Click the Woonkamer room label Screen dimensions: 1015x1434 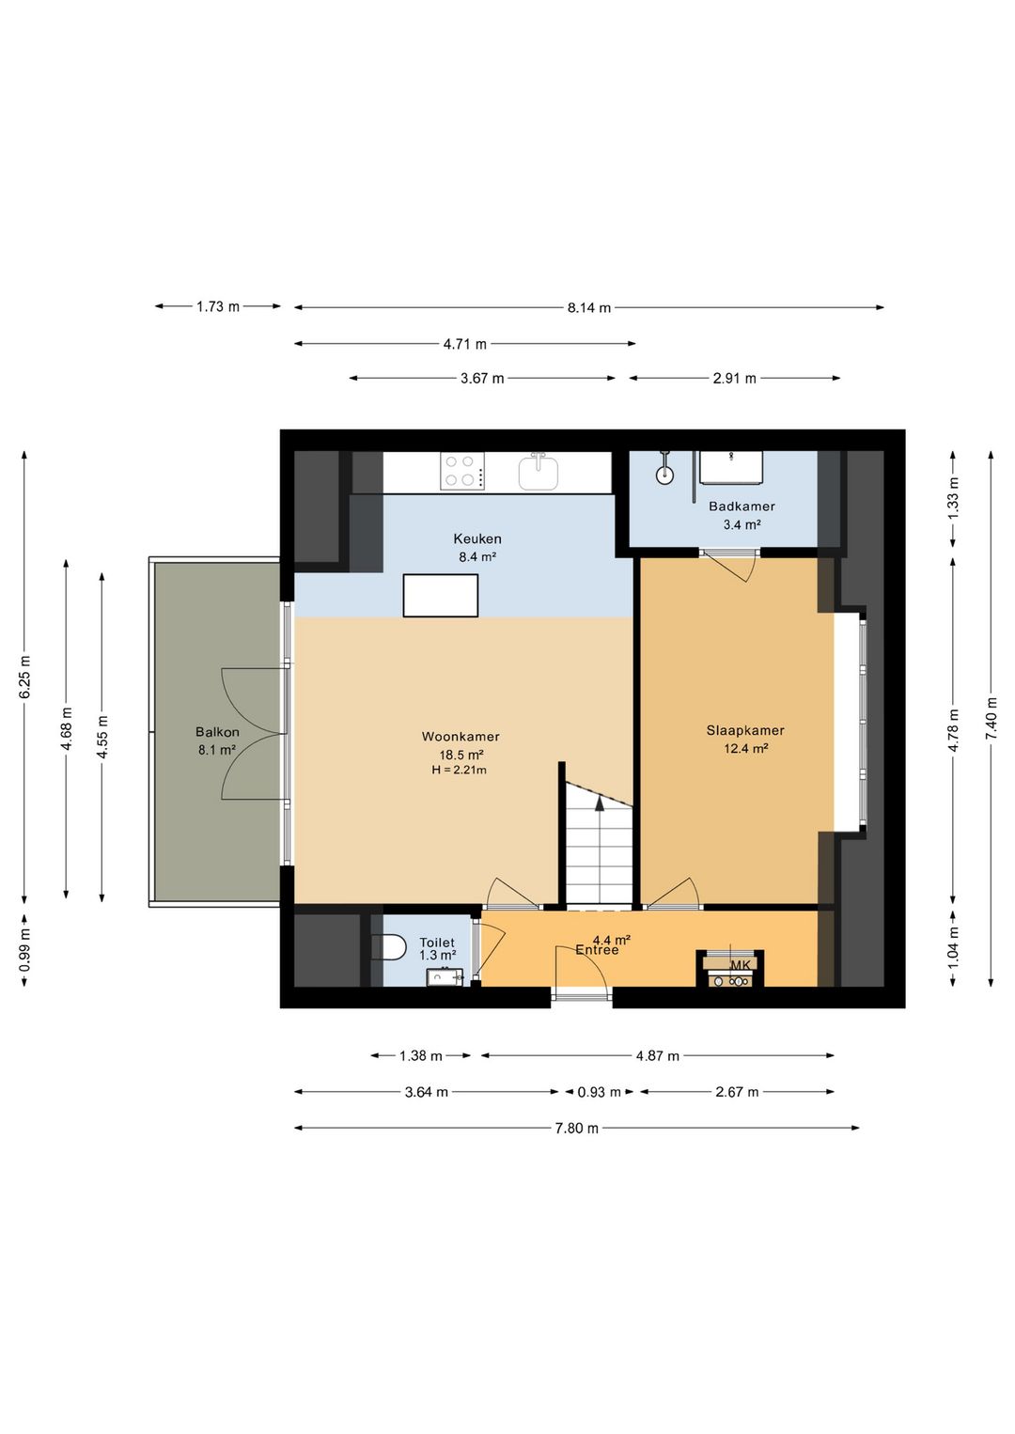coord(461,737)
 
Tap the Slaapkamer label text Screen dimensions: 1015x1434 coord(745,730)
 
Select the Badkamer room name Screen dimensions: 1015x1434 coord(742,507)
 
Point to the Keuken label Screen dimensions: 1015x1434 coord(477,538)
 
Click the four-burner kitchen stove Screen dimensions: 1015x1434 coord(461,471)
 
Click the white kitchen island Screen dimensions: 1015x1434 coord(441,596)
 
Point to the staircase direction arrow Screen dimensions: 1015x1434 coord(600,803)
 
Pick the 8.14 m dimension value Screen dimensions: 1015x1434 coord(589,308)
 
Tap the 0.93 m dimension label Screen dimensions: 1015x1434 coord(600,1092)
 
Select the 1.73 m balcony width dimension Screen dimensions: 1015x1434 coord(218,306)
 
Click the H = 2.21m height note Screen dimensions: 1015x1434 coord(460,771)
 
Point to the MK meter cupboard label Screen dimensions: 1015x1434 coord(740,964)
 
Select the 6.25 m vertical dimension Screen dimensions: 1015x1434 coord(24,677)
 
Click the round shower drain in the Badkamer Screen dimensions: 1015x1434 coord(665,474)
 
